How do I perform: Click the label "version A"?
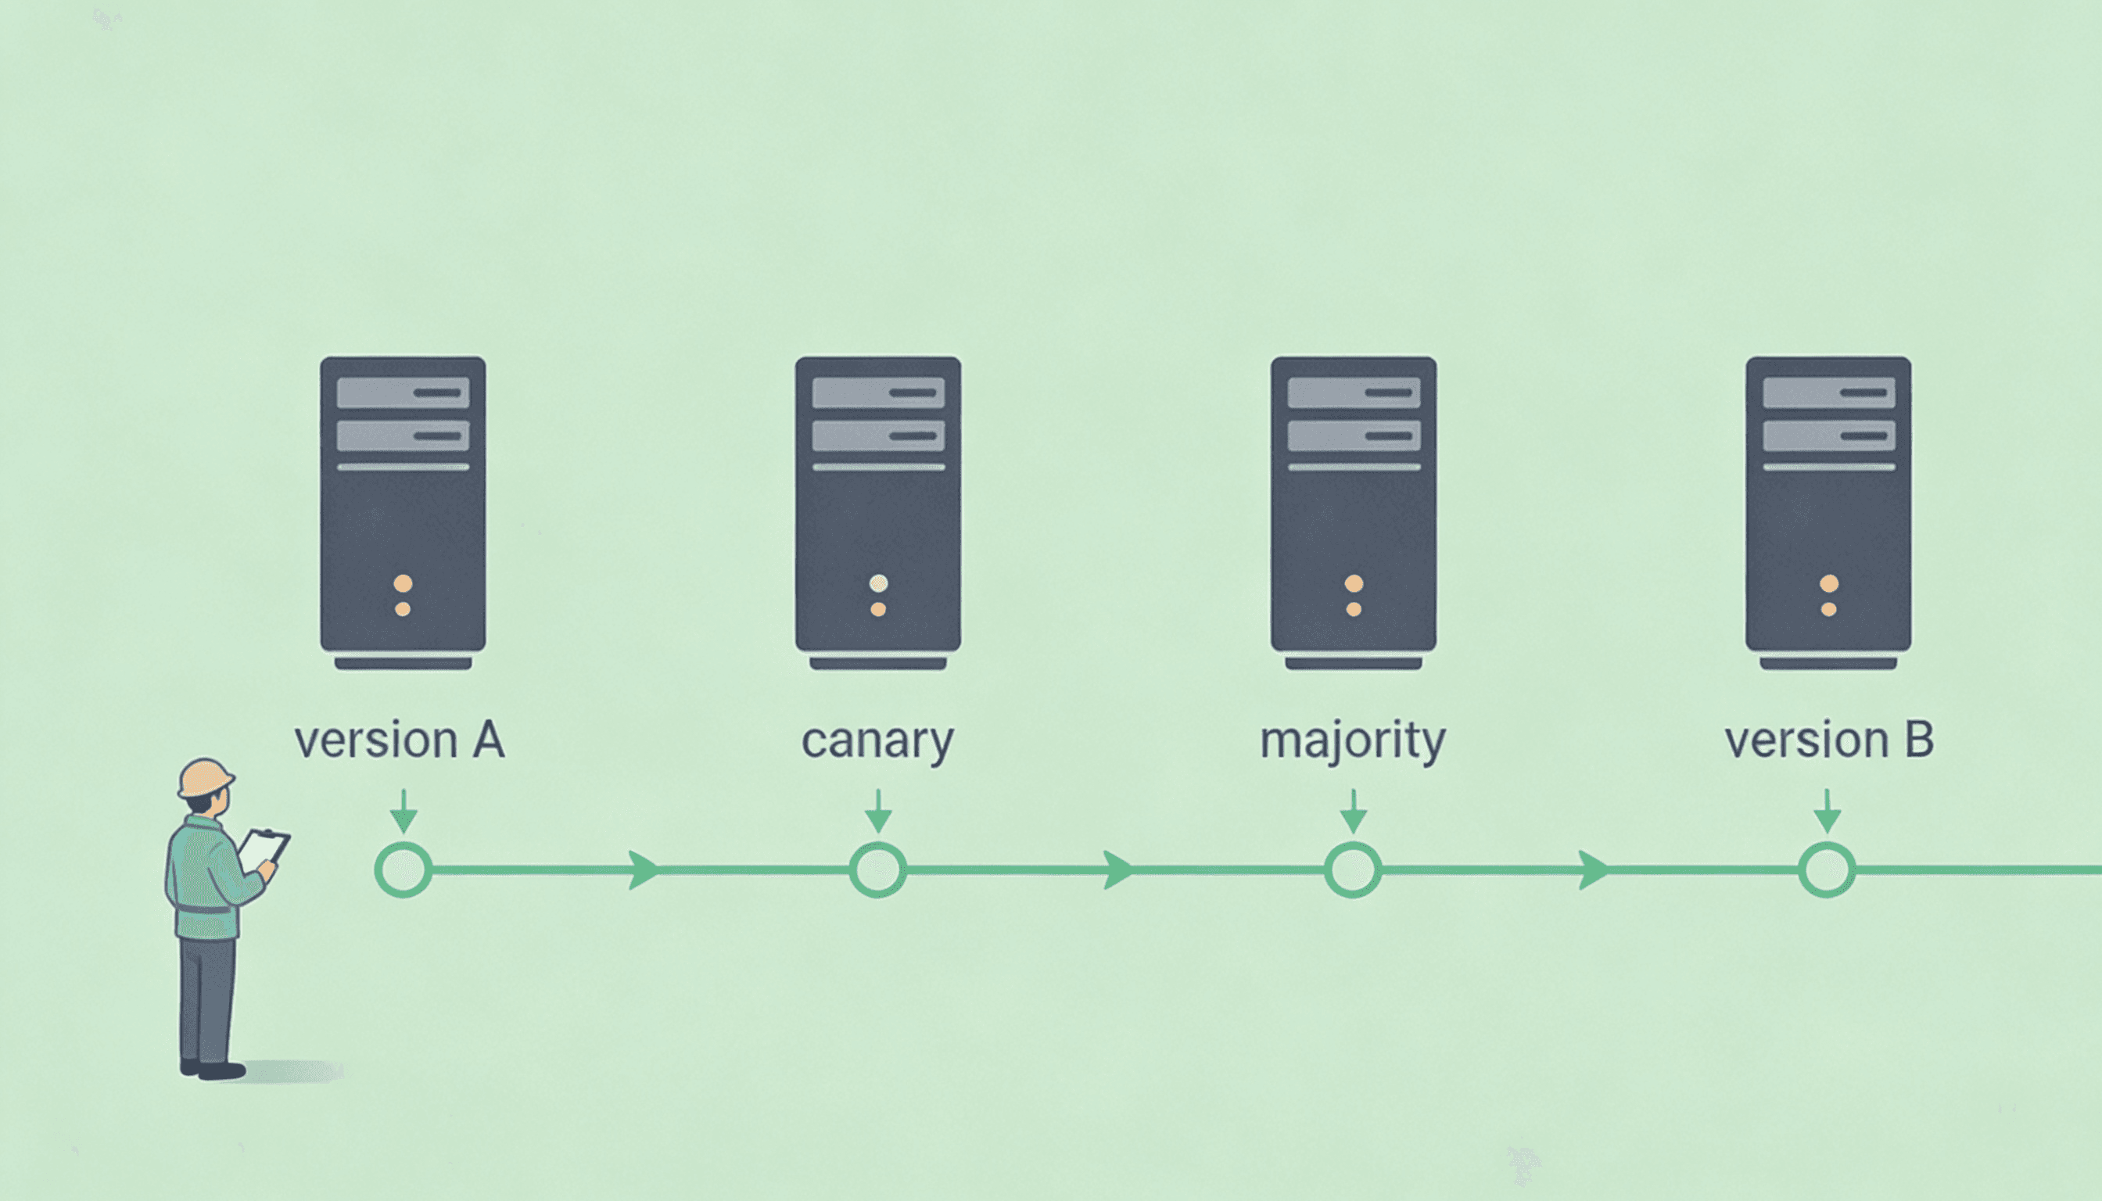click(x=400, y=740)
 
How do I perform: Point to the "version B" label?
click(x=1828, y=740)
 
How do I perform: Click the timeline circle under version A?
click(x=404, y=869)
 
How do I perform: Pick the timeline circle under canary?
click(x=877, y=869)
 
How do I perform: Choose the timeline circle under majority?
click(x=1353, y=869)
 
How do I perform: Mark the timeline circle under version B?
click(x=1828, y=869)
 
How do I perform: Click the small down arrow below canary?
click(x=877, y=812)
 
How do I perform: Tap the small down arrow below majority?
click(x=1353, y=812)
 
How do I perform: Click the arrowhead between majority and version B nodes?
click(x=1593, y=869)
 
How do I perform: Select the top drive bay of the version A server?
click(x=403, y=393)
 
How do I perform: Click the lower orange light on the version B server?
click(x=1828, y=610)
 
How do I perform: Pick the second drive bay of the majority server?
click(x=1353, y=436)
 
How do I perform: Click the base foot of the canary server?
click(x=877, y=663)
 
